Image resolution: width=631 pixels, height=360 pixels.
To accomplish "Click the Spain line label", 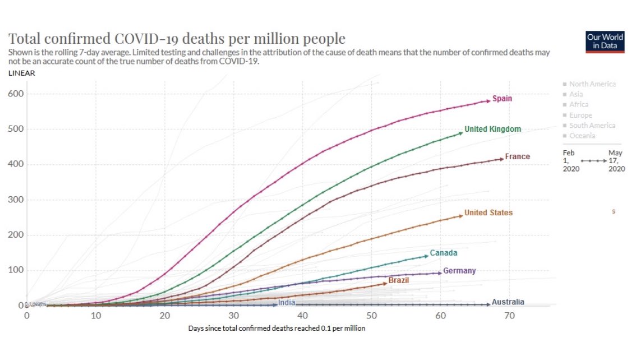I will point(502,99).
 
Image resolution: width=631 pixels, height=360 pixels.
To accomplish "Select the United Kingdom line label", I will point(492,130).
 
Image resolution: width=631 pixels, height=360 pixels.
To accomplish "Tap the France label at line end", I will point(517,157).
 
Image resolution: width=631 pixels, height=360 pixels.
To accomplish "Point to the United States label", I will point(488,213).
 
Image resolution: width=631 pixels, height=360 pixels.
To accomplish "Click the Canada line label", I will point(444,253).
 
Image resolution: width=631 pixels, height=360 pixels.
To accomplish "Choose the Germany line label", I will point(459,271).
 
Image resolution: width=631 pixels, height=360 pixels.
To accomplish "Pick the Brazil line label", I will point(398,280).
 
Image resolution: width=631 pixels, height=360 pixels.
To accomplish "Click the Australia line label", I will point(508,303).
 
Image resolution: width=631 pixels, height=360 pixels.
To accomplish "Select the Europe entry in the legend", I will point(580,115).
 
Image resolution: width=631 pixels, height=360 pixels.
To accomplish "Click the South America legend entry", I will point(592,126).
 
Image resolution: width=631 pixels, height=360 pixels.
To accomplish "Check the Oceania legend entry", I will point(582,136).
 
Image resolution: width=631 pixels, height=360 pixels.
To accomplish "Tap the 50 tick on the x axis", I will point(371,316).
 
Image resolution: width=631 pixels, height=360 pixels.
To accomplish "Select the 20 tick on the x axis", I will point(164,316).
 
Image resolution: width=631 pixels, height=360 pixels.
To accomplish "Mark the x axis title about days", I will point(277,329).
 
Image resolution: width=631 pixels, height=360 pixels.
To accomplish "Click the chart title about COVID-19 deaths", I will point(176,39).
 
